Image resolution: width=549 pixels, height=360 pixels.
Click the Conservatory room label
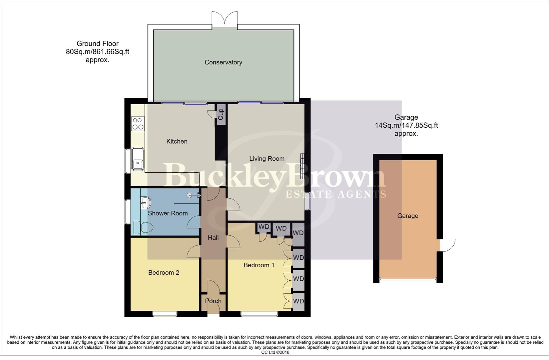(223, 62)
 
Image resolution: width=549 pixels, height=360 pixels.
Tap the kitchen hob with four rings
(138, 123)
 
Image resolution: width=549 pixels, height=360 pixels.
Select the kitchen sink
(137, 159)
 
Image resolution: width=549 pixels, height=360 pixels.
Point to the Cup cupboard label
(221, 114)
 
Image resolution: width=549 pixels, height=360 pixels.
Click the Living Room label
(267, 159)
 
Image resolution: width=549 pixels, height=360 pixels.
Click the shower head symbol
(191, 196)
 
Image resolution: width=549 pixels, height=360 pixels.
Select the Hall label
(213, 238)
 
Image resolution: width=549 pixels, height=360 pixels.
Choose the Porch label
(213, 301)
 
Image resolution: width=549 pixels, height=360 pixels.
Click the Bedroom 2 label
(164, 273)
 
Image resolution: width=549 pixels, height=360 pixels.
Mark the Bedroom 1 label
(259, 265)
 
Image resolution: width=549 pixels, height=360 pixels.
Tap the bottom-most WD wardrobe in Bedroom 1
(298, 301)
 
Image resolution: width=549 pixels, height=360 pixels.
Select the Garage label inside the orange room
(407, 216)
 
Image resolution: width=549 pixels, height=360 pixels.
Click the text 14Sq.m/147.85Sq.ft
(406, 126)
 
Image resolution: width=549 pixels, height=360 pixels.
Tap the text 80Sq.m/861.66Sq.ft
(97, 52)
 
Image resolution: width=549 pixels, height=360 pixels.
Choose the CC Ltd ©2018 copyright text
(275, 352)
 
